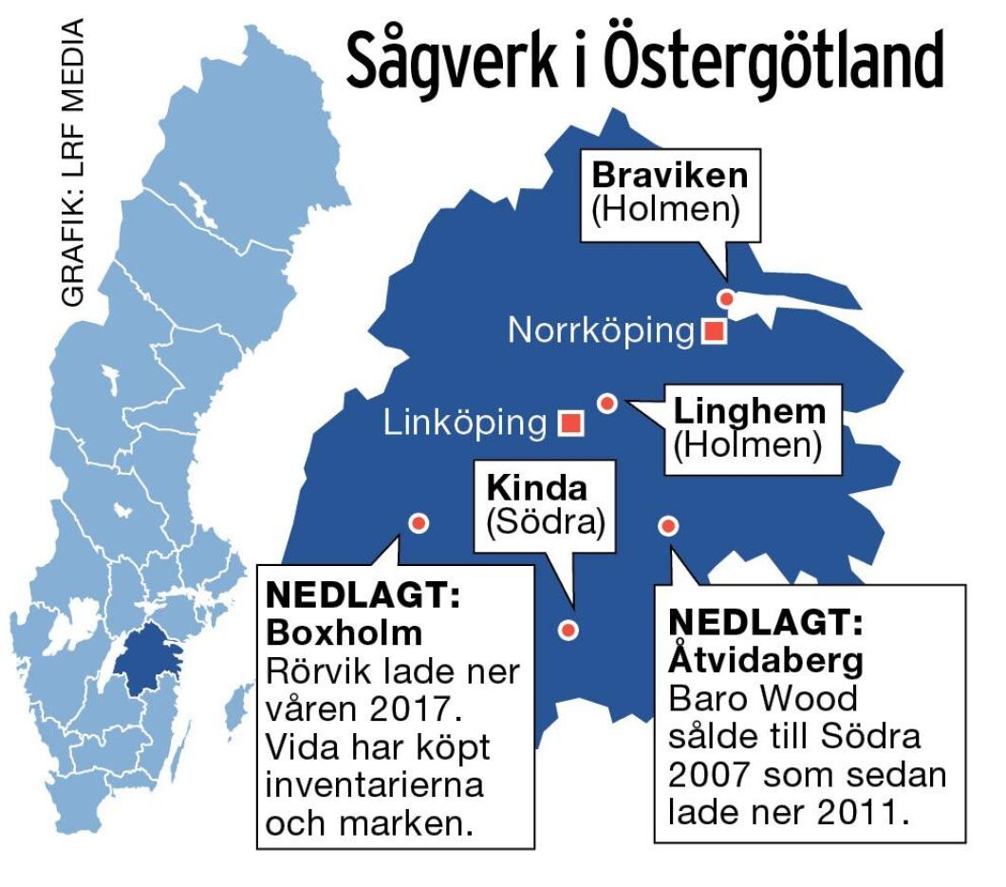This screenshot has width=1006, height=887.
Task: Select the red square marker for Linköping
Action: pos(570,423)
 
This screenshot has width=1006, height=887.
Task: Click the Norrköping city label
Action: pos(602,330)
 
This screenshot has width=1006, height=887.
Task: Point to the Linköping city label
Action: pos(465,423)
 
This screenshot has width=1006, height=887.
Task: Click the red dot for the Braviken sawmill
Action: pos(727,298)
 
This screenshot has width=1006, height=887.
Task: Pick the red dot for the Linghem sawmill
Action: pos(608,404)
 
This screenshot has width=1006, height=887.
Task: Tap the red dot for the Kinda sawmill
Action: pos(568,629)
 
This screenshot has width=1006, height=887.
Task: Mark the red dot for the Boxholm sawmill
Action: pos(419,522)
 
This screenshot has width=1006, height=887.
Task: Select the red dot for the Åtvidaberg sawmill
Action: pos(668,525)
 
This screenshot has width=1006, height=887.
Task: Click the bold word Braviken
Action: pos(670,176)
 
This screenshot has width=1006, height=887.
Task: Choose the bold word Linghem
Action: pos(750,412)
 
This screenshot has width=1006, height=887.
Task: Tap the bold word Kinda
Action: pos(537,487)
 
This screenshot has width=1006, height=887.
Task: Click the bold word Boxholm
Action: pos(344,632)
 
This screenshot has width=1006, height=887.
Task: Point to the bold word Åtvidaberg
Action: pos(766,659)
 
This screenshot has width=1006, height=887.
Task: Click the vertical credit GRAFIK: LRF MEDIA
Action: pos(72,162)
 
